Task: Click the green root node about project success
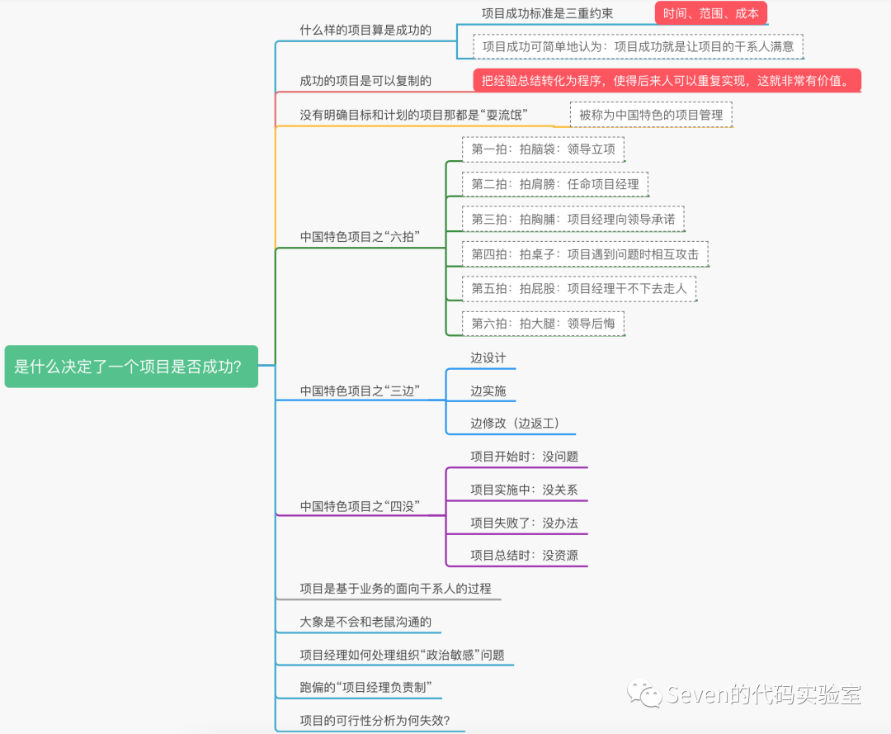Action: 131,367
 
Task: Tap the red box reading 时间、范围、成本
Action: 710,14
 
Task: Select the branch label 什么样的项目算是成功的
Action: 365,31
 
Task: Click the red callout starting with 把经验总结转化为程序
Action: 666,81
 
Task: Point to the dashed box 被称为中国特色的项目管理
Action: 650,115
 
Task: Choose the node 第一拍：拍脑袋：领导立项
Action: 543,149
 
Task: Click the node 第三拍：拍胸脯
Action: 573,219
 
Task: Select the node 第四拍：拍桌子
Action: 584,254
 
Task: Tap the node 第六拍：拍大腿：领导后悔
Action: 543,324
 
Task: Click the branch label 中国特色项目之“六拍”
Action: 361,237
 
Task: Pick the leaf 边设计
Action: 488,358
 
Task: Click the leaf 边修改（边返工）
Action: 515,424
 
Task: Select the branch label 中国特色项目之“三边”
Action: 361,391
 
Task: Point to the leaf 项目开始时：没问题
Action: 524,457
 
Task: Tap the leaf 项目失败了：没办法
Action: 524,523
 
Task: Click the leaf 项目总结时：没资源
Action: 524,556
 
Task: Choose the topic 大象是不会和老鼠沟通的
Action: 365,622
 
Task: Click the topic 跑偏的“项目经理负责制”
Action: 365,688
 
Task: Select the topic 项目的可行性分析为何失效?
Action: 375,721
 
